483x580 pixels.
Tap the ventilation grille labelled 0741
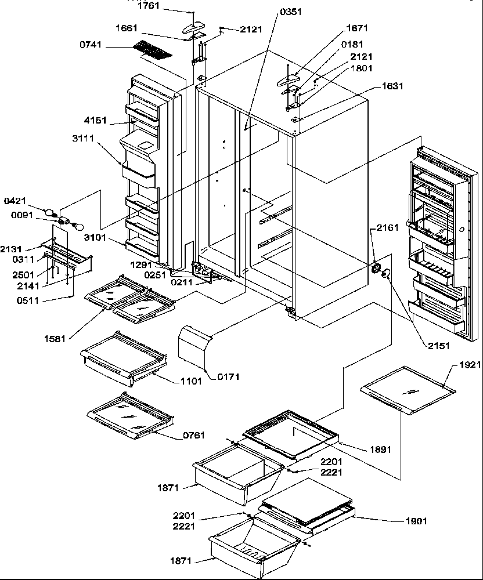[153, 50]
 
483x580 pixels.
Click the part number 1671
[357, 28]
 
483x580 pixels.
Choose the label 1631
[392, 86]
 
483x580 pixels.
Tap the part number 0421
[15, 201]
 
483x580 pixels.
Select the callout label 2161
[387, 228]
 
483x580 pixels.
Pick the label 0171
[228, 377]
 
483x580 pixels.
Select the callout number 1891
[380, 449]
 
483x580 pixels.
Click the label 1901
[416, 521]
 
